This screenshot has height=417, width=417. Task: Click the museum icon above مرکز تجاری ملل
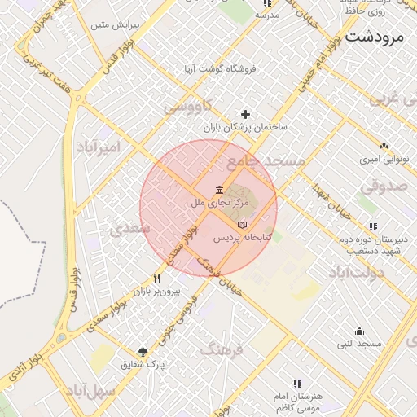(x=221, y=190)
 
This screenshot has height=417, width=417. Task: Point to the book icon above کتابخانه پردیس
(x=241, y=225)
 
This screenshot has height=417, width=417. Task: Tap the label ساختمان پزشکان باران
(x=245, y=128)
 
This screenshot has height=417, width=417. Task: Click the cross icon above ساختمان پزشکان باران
(x=245, y=114)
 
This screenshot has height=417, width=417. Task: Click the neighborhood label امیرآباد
(x=99, y=147)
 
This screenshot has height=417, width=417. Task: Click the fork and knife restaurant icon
(x=156, y=278)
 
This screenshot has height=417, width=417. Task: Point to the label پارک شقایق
(x=144, y=364)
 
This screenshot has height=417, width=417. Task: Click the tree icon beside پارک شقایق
(x=143, y=351)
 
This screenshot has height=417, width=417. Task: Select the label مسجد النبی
(x=358, y=344)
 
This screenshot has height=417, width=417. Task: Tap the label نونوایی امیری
(x=384, y=160)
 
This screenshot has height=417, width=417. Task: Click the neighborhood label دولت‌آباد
(x=353, y=271)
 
